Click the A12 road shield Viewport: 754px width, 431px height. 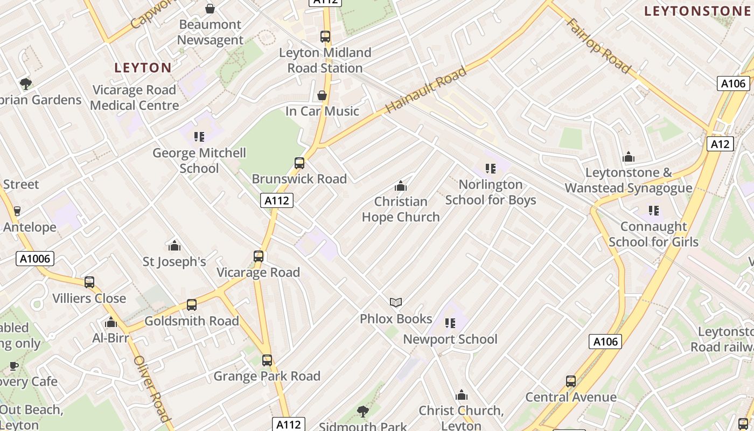coord(720,144)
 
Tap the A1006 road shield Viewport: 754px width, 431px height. coord(35,259)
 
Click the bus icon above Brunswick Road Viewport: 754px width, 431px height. coord(299,163)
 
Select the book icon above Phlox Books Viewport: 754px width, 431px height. coord(396,302)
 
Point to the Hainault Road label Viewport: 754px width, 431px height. coord(425,91)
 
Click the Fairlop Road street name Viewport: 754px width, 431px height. coord(598,46)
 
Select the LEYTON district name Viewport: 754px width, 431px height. coord(143,68)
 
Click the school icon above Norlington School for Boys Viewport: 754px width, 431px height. coord(490,169)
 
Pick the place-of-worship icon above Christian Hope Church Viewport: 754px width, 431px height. coord(400,186)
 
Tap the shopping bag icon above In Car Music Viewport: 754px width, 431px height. coord(322,95)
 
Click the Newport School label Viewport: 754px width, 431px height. coord(450,339)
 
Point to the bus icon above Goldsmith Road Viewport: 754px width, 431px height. coord(192,305)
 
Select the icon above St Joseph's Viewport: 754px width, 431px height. coord(174,246)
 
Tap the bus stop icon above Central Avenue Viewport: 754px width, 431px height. coord(571,381)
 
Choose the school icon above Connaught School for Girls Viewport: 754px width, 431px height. coord(654,211)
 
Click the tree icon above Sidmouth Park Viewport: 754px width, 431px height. coord(363,412)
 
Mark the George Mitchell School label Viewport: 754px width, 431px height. coord(199,161)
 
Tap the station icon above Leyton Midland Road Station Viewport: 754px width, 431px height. coord(325,37)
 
